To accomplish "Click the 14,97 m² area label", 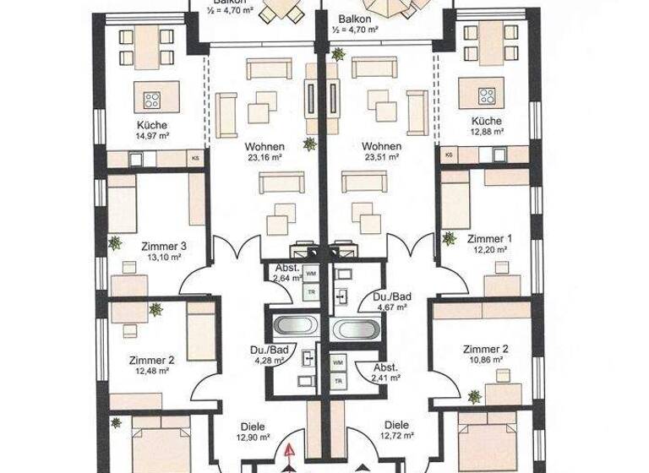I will [x=151, y=134].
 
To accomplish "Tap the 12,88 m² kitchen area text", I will [x=488, y=132].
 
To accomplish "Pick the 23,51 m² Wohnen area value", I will [x=380, y=157].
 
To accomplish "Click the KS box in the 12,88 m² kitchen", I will [x=449, y=155].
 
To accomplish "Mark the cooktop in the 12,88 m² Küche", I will [x=488, y=95].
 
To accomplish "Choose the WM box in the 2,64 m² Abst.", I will [x=311, y=275].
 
